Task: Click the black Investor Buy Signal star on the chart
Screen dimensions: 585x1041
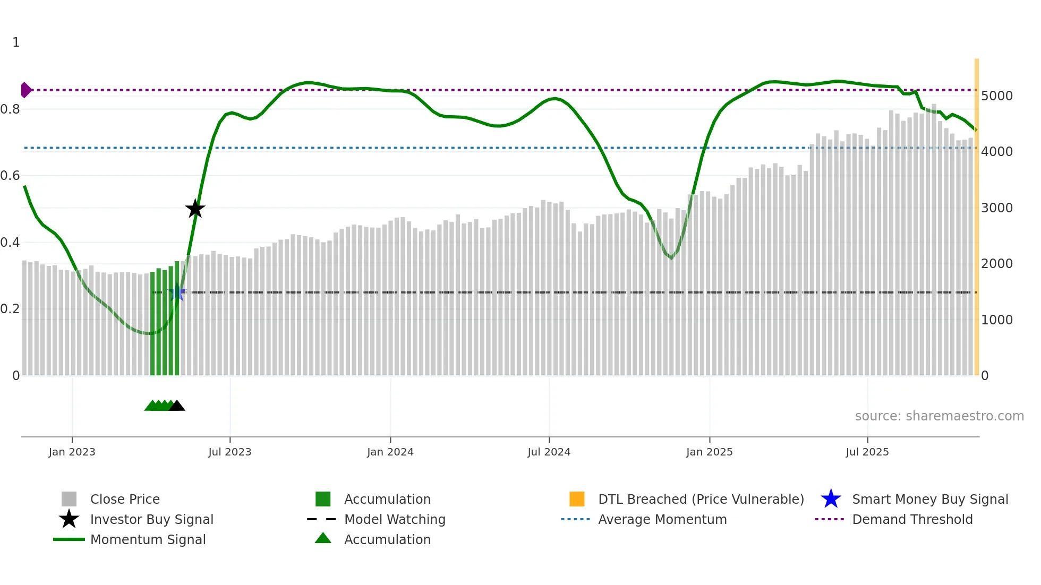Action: pyautogui.click(x=195, y=209)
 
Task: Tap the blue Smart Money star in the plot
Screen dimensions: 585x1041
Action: pyautogui.click(x=177, y=292)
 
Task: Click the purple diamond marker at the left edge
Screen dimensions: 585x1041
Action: pyautogui.click(x=25, y=90)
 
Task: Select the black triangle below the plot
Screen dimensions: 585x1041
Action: pyautogui.click(x=176, y=406)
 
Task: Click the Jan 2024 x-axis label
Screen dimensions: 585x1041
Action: pyautogui.click(x=390, y=452)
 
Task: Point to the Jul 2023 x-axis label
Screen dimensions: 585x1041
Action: pyautogui.click(x=229, y=452)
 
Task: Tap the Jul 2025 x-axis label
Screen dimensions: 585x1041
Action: pyautogui.click(x=867, y=452)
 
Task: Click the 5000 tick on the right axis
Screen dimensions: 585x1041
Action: pyautogui.click(x=996, y=96)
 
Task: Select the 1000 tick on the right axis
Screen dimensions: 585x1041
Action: pyautogui.click(x=996, y=320)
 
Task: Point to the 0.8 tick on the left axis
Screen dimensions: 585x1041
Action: pyautogui.click(x=10, y=109)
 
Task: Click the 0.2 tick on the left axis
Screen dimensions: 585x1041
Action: pyautogui.click(x=10, y=309)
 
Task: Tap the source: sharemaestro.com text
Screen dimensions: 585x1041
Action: pyautogui.click(x=939, y=416)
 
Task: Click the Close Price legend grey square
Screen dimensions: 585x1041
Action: pyautogui.click(x=69, y=499)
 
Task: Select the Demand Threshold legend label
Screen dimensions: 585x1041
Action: pyautogui.click(x=912, y=519)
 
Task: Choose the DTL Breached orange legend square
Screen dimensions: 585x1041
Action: pyautogui.click(x=577, y=499)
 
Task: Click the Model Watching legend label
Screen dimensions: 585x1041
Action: pyautogui.click(x=395, y=519)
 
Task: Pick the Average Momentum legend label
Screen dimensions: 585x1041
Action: pyautogui.click(x=662, y=519)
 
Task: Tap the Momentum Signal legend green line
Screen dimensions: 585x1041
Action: pyautogui.click(x=69, y=539)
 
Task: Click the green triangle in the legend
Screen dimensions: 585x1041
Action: pyautogui.click(x=323, y=539)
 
